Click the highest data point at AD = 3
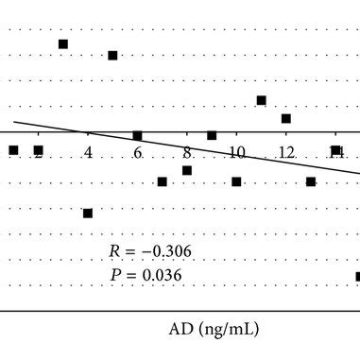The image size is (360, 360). (x=63, y=44)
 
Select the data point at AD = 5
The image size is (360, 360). (x=112, y=56)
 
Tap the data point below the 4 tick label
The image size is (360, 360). (x=88, y=214)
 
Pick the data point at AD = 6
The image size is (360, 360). (x=137, y=136)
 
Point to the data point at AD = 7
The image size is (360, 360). (x=163, y=181)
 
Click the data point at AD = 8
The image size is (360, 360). (x=187, y=171)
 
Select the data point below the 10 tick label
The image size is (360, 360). (x=236, y=181)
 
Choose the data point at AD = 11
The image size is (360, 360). (x=262, y=100)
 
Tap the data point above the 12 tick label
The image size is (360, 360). (x=286, y=119)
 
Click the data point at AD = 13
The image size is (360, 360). (x=311, y=181)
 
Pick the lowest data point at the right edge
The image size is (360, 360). (x=358, y=277)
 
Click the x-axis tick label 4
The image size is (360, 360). (x=88, y=151)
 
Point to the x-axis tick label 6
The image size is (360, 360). (x=138, y=152)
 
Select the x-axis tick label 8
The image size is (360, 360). (x=187, y=151)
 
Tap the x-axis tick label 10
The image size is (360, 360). (x=236, y=151)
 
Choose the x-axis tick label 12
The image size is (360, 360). (x=285, y=151)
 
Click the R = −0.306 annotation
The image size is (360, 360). (x=147, y=252)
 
